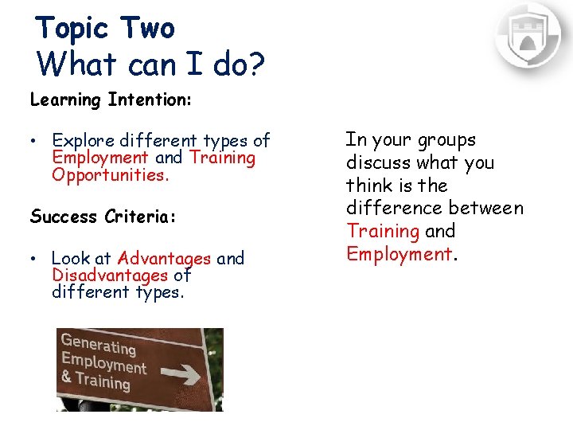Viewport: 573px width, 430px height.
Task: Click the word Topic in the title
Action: [x=72, y=29]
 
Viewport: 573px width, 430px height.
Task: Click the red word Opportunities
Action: [x=111, y=175]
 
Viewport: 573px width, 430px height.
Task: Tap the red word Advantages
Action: [x=164, y=258]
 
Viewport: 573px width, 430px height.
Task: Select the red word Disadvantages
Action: [x=110, y=276]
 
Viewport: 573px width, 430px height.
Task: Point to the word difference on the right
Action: [x=390, y=209]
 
